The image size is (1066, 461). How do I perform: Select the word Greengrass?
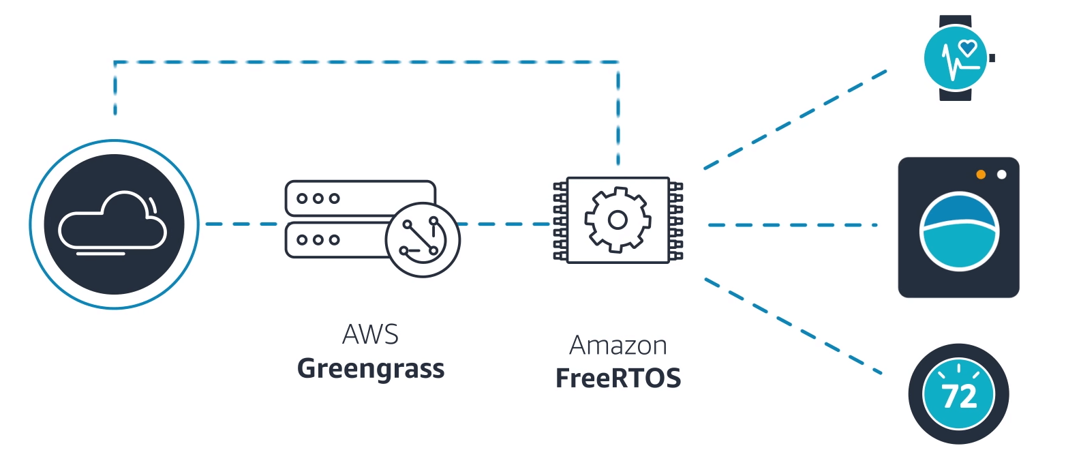371,369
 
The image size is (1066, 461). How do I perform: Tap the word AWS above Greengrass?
370,335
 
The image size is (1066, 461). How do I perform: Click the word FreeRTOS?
618,378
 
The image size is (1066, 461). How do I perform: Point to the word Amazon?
618,345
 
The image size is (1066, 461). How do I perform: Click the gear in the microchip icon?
618,220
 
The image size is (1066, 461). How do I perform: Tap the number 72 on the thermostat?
958,397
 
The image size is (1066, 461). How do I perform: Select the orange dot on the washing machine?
981,175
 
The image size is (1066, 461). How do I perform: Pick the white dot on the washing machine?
1001,175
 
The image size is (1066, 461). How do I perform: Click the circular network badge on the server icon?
422,239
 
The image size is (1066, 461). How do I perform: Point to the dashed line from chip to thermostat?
795,326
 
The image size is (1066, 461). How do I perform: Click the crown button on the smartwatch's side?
992,58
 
